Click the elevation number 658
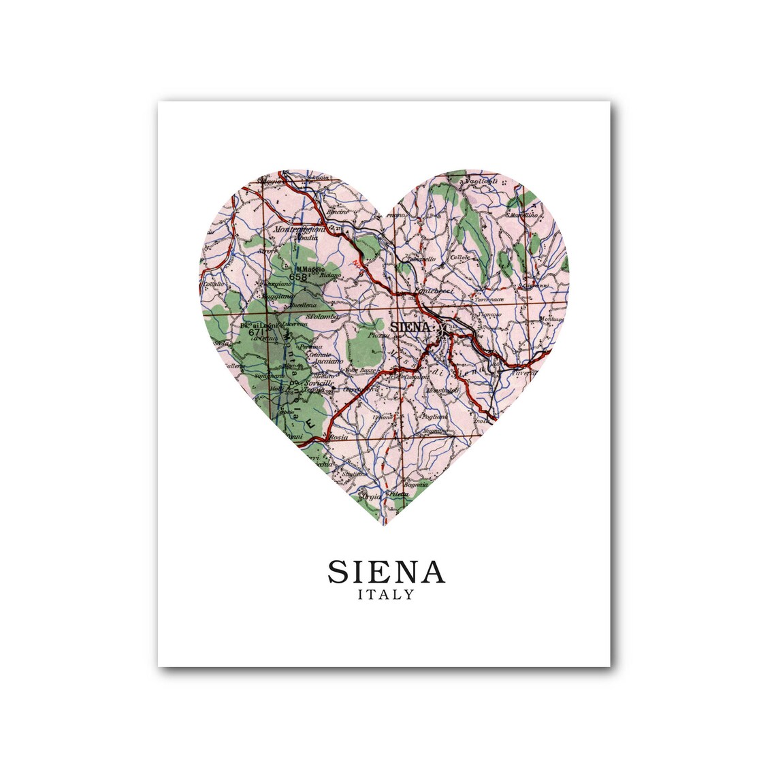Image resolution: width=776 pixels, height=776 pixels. [297, 276]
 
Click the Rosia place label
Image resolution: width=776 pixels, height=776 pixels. [338, 437]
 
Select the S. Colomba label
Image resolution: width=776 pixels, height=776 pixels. [317, 316]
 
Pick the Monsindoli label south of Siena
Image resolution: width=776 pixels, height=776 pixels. [444, 391]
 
